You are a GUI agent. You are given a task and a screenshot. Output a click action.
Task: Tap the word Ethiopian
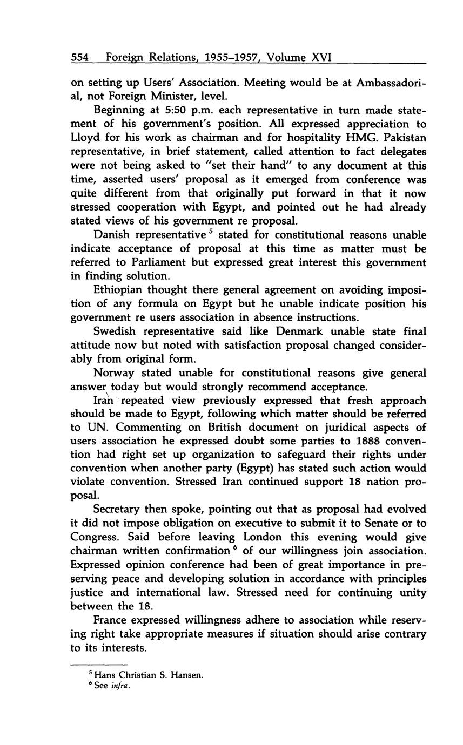[x=119, y=290]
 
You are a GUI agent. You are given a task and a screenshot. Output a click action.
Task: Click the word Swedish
[x=115, y=331]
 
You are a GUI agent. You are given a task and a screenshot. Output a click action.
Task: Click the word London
[x=266, y=537]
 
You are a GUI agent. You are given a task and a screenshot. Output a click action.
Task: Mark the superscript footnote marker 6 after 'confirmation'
[x=233, y=548]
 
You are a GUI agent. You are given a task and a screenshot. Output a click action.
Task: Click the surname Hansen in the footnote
[x=189, y=675]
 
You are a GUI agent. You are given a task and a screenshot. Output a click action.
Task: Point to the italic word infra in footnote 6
[x=120, y=686]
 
